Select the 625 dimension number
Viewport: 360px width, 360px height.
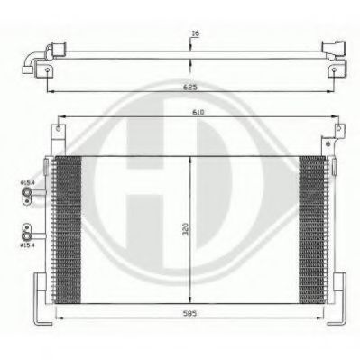click(x=189, y=88)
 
